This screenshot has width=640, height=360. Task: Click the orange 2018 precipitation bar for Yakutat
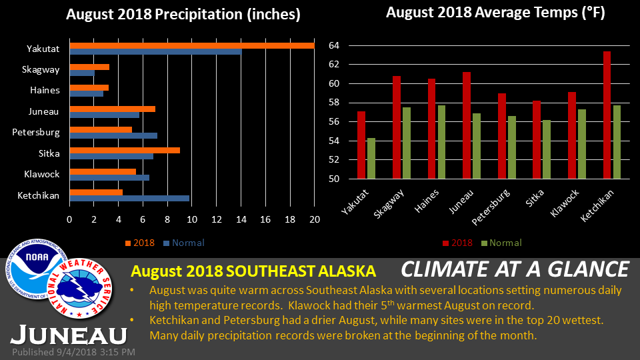[x=192, y=46]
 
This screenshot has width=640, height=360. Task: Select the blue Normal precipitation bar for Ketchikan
[x=129, y=199]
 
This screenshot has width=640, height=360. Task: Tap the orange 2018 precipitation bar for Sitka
[x=125, y=150]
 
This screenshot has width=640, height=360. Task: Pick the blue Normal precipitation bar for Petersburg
[x=113, y=135]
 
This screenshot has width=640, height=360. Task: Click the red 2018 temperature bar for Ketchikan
[x=607, y=115]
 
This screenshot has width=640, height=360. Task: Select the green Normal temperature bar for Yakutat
[x=371, y=159]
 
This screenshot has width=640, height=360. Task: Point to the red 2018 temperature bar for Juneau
[x=467, y=125]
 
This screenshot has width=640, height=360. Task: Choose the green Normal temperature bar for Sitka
[x=546, y=149]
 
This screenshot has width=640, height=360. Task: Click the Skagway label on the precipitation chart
[x=41, y=69]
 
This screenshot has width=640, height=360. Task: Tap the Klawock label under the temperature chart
[x=565, y=203]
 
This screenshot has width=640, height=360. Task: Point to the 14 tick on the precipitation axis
[x=241, y=219]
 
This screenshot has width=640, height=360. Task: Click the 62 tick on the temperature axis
[x=334, y=65]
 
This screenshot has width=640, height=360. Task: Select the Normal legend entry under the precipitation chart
[x=184, y=243]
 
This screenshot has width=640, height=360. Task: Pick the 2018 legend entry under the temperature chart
[x=457, y=243]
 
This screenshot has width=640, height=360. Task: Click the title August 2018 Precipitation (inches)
[x=183, y=14]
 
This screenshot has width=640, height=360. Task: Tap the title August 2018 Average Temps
[x=495, y=13]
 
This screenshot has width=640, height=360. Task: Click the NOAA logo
[x=37, y=269]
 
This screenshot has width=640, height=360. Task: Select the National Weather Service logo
[x=79, y=288]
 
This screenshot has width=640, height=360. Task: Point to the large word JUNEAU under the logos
[x=69, y=335]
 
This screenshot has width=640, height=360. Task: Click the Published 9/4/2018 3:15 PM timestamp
[x=73, y=352]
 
